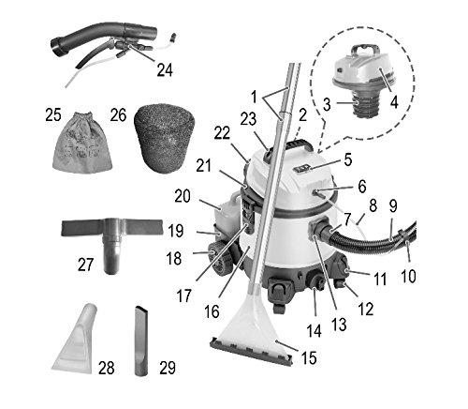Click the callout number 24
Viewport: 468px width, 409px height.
click(165, 69)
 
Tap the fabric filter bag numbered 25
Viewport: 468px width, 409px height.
click(82, 143)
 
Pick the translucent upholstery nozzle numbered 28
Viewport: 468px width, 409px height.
click(75, 341)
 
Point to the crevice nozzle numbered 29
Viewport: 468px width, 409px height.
click(142, 341)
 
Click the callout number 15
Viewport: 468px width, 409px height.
click(309, 357)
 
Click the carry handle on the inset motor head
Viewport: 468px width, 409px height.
click(364, 51)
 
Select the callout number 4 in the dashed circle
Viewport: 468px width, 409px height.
click(394, 102)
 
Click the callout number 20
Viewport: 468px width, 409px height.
click(183, 196)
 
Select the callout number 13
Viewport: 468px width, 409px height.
click(340, 325)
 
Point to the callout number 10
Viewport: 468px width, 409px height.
click(408, 277)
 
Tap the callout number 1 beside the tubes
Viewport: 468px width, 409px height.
click(254, 97)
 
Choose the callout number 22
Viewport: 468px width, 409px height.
click(222, 134)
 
